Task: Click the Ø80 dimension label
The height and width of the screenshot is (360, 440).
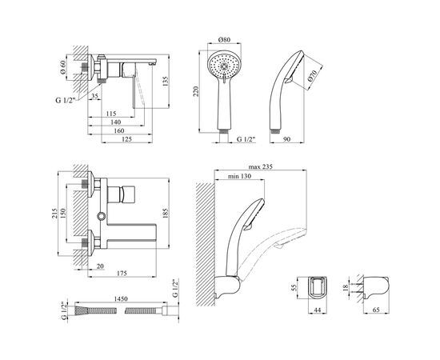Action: (x=224, y=39)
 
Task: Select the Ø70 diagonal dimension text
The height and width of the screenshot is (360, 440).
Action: (x=312, y=76)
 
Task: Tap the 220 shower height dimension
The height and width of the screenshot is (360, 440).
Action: (x=196, y=91)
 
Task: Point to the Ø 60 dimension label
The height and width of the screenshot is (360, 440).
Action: (x=62, y=67)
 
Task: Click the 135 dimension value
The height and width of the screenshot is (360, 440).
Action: (x=165, y=82)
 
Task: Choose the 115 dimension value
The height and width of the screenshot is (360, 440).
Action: (x=111, y=114)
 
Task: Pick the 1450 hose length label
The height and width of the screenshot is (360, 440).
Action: (x=121, y=299)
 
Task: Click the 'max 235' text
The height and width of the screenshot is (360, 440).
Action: (x=261, y=166)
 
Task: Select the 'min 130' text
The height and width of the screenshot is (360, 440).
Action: (x=239, y=176)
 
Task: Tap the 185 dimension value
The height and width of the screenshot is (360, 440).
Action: (x=165, y=214)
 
